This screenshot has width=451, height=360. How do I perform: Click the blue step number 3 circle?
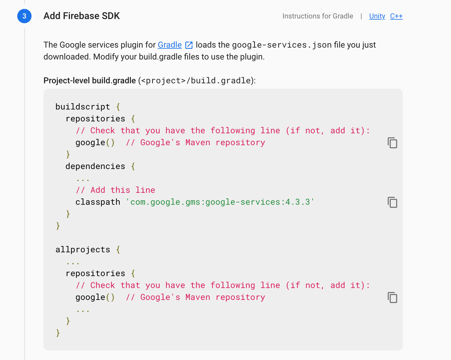click(24, 16)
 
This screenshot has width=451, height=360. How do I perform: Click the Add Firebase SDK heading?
click(82, 16)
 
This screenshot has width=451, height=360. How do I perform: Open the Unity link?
click(377, 16)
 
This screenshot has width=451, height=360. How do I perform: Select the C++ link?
click(396, 16)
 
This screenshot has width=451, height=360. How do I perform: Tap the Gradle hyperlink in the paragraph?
click(170, 45)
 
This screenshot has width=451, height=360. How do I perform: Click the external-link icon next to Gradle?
click(189, 45)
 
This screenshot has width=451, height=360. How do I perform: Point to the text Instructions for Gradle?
click(318, 16)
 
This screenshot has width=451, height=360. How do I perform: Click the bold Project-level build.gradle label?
click(90, 81)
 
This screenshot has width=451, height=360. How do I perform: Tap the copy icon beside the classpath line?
click(392, 202)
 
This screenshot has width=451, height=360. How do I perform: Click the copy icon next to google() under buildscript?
click(392, 143)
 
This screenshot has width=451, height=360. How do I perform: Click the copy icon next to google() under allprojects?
click(392, 298)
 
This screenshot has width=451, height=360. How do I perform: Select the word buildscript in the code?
click(83, 107)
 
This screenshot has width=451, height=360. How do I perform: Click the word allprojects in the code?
click(83, 250)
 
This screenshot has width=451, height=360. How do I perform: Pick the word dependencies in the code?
click(95, 166)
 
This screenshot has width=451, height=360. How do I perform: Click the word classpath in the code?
click(98, 202)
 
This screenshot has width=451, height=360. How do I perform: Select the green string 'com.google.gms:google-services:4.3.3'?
click(220, 202)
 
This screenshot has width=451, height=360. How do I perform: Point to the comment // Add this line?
click(115, 190)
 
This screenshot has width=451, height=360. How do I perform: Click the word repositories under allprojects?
click(95, 273)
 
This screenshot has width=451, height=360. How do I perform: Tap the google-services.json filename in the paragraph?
click(281, 45)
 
